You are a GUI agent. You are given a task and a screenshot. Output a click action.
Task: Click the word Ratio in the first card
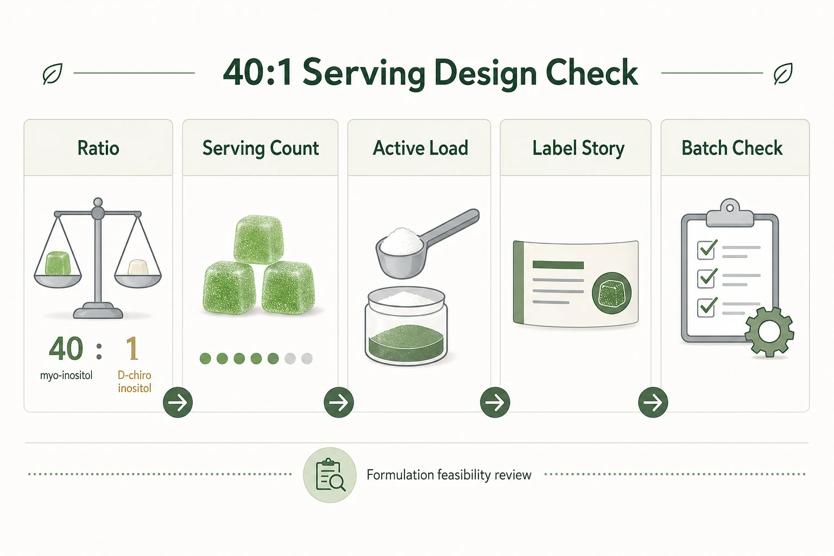pyautogui.click(x=98, y=148)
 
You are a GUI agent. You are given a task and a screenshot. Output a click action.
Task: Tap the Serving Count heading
pyautogui.click(x=261, y=148)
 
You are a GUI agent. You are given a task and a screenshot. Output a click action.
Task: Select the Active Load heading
pyautogui.click(x=420, y=148)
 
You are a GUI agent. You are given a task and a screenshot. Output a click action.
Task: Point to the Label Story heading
pyautogui.click(x=578, y=148)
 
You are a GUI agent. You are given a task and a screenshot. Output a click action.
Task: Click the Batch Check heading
pyautogui.click(x=732, y=148)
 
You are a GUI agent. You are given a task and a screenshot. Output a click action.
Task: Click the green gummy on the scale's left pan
pyautogui.click(x=58, y=263)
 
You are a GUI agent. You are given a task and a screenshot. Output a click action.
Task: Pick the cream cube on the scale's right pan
pyautogui.click(x=138, y=267)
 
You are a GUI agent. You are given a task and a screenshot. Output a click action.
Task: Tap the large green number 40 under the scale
pyautogui.click(x=66, y=349)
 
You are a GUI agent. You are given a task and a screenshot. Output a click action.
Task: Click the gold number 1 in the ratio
pyautogui.click(x=132, y=349)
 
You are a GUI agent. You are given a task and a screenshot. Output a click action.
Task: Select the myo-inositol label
pyautogui.click(x=66, y=375)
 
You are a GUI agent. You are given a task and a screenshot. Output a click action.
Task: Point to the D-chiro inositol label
pyautogui.click(x=135, y=381)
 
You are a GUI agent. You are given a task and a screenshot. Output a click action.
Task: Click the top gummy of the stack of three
pyautogui.click(x=259, y=239)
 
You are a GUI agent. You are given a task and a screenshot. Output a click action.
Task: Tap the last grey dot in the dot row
pyautogui.click(x=307, y=358)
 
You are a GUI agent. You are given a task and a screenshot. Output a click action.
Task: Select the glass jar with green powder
pyautogui.click(x=406, y=326)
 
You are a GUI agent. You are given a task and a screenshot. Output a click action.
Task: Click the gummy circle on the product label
pyautogui.click(x=612, y=293)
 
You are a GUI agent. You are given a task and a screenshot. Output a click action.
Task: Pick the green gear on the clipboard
pyautogui.click(x=769, y=332)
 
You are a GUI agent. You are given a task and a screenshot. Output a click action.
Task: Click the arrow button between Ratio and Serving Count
pyautogui.click(x=178, y=402)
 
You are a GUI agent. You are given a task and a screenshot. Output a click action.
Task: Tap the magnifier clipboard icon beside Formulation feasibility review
pyautogui.click(x=330, y=475)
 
